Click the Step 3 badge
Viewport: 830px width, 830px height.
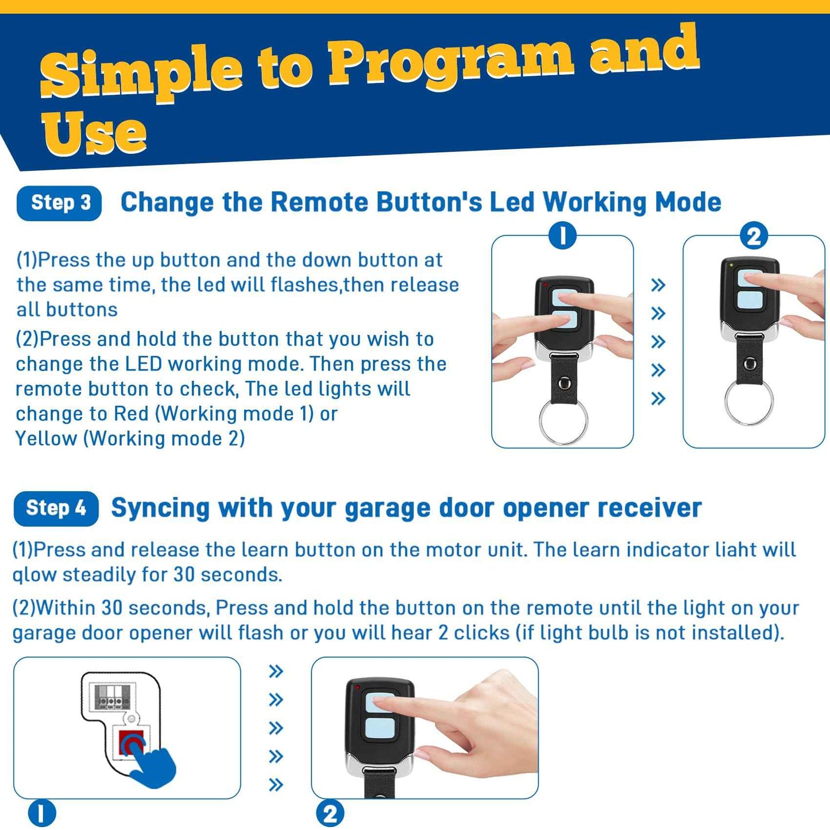[59, 203]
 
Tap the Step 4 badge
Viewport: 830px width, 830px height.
[56, 508]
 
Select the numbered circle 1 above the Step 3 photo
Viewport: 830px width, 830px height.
[562, 236]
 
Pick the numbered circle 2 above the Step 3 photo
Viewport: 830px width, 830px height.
[754, 236]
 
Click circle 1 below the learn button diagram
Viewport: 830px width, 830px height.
[42, 814]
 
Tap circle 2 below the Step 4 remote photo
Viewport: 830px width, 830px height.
[330, 814]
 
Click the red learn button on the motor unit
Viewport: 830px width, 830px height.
[132, 742]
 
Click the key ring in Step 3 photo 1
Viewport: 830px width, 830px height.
[563, 421]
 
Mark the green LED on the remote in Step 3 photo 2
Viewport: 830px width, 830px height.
[731, 265]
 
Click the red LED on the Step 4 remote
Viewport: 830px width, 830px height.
[357, 687]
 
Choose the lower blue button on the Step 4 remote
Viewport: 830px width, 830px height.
[380, 728]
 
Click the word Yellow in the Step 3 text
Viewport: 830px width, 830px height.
[46, 439]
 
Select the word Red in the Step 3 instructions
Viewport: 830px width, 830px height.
[132, 414]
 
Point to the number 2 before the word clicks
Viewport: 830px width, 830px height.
[443, 633]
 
